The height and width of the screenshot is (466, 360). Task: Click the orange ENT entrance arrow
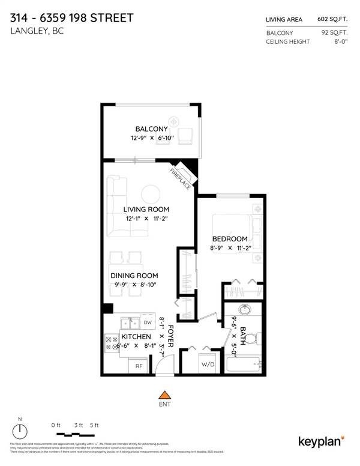(x=163, y=395)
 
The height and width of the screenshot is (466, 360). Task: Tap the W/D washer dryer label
(x=208, y=365)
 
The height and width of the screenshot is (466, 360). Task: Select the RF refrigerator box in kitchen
(x=138, y=365)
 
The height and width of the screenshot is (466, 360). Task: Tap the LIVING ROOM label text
(x=146, y=209)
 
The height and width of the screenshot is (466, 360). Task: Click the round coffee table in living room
(x=151, y=193)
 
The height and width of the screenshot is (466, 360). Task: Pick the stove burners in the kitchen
(x=112, y=342)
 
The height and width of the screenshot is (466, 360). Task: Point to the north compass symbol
(x=21, y=430)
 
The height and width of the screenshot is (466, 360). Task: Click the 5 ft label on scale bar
(x=94, y=425)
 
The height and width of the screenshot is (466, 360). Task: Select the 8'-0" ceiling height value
(x=343, y=41)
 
